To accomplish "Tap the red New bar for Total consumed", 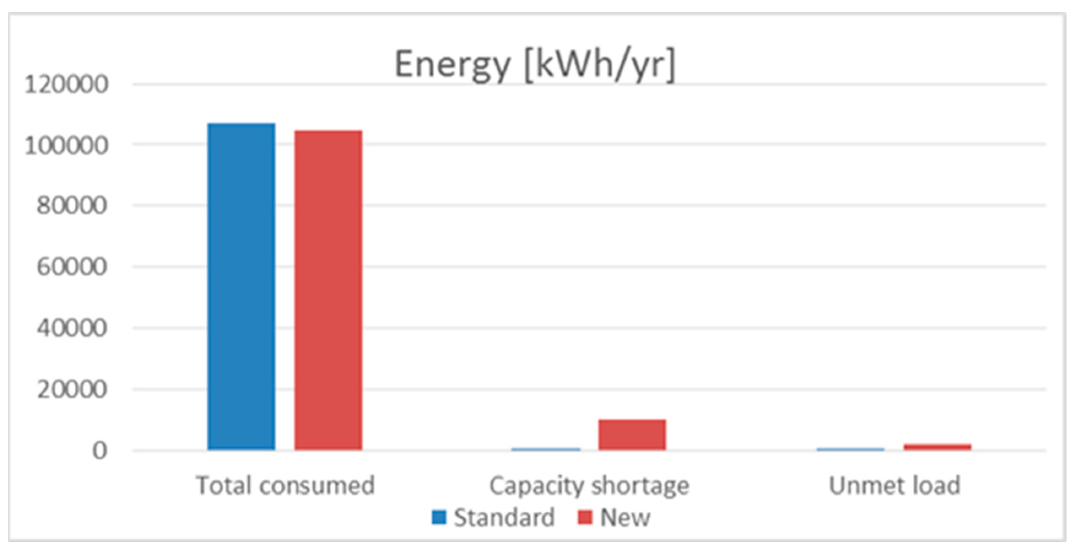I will tap(328, 290).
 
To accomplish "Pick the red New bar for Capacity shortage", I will tap(632, 434).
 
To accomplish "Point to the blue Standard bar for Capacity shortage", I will tap(546, 449).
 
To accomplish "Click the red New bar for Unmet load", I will tap(937, 447).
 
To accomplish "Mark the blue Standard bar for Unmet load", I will tap(850, 449).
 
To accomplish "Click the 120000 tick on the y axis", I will tap(66, 84).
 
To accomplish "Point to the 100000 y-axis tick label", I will tap(66, 146).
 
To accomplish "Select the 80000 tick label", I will tap(72, 206).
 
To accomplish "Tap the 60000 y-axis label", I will tap(72, 267).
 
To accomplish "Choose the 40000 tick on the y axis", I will tap(72, 328).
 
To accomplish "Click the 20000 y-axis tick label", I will tap(72, 390).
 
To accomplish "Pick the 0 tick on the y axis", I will tap(100, 451).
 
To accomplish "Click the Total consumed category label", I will tap(285, 485).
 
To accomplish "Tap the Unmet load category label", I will tap(895, 485).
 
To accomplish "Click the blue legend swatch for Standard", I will tap(439, 517).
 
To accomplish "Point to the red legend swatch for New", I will tap(584, 517).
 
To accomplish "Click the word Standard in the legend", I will tap(504, 518).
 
